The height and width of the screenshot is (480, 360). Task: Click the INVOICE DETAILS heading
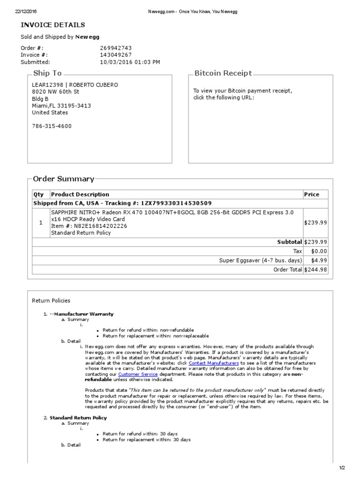[x=52, y=25]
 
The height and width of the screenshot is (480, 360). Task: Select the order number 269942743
[x=116, y=48]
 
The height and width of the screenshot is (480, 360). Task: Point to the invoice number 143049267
[x=116, y=55]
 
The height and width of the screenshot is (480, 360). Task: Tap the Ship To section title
[x=47, y=73]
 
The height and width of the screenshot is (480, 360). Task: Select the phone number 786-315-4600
[x=52, y=126]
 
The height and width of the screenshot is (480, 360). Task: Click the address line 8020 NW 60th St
[x=56, y=92]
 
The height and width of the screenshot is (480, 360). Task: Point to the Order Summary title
[x=63, y=179]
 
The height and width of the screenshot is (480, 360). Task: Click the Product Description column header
[x=80, y=195]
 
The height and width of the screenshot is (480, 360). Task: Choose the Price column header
[x=312, y=195]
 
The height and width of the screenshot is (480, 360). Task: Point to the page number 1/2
[x=342, y=468]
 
